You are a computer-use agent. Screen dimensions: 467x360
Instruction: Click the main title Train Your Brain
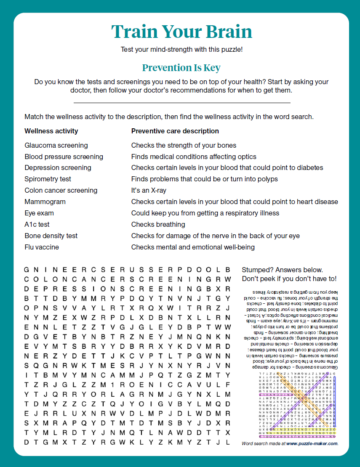tap(181, 32)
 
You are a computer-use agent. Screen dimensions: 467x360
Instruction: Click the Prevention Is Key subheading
tap(181, 68)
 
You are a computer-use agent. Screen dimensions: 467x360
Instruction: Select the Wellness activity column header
tap(51, 131)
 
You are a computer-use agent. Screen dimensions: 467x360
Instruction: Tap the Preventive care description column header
tap(175, 131)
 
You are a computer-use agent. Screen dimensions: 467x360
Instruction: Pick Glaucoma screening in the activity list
tap(56, 145)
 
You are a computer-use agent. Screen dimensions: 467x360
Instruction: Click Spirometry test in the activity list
tap(48, 179)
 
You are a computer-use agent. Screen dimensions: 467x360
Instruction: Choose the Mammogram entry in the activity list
tap(45, 202)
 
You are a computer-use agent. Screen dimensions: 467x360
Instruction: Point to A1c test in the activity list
tap(37, 224)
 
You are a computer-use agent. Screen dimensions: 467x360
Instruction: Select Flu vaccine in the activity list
tap(42, 247)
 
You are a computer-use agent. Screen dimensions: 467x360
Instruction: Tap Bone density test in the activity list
tap(51, 236)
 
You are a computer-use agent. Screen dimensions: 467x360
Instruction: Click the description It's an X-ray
tap(149, 190)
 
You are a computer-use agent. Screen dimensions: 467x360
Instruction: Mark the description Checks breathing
tap(158, 224)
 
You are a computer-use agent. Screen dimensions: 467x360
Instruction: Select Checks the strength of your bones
tap(184, 145)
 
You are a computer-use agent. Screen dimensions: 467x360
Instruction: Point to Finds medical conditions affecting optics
tap(194, 157)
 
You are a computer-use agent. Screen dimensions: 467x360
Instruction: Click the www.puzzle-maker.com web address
tap(312, 443)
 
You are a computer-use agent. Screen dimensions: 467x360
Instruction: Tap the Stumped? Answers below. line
tap(283, 270)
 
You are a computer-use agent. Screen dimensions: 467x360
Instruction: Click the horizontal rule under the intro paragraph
tap(182, 103)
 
